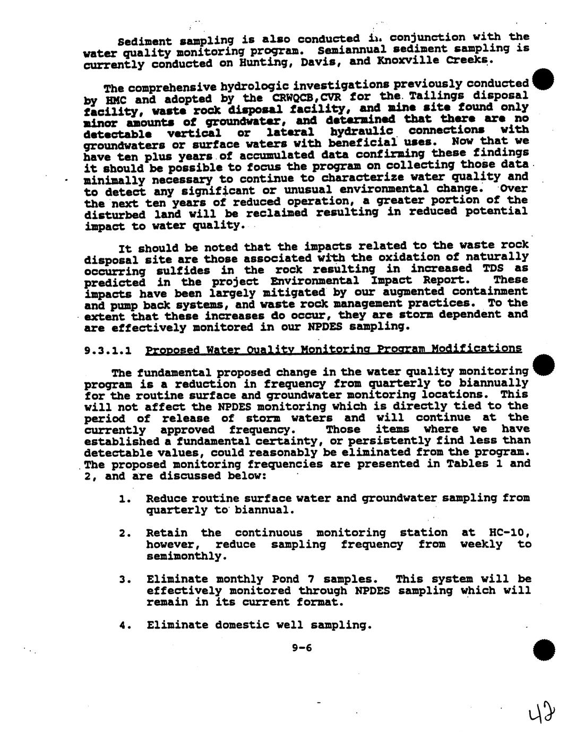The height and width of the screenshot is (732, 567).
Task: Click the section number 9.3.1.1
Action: point(108,351)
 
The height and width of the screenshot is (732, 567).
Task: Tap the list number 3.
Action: point(123,579)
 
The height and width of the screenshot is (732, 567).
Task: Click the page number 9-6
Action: point(302,647)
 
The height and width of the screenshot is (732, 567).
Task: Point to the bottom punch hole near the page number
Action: point(544,650)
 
